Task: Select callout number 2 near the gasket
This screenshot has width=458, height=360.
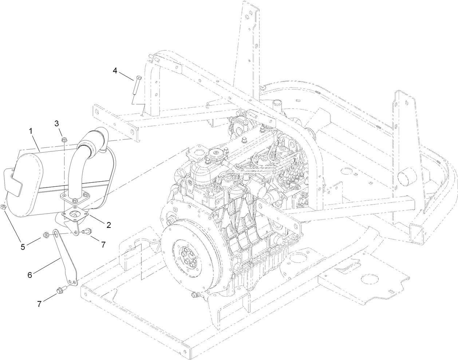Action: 108,225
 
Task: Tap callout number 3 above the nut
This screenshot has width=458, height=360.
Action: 57,124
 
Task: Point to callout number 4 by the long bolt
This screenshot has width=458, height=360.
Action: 115,70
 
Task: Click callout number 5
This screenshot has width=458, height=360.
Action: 23,247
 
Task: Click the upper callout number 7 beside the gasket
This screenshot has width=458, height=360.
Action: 103,245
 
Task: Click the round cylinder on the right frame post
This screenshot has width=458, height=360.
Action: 405,177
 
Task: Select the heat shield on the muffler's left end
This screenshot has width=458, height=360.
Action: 14,182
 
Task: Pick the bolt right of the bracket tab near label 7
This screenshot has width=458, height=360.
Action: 88,231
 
